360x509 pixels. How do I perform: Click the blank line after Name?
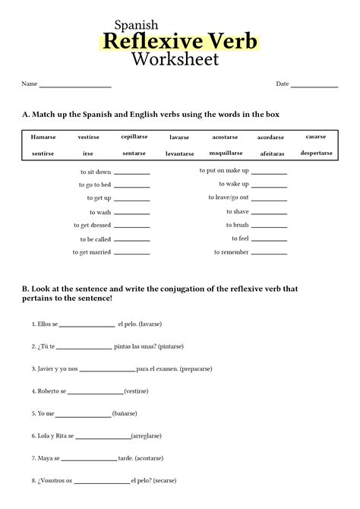(75, 86)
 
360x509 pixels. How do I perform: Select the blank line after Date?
(314, 86)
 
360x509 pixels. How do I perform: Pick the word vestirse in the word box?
(88, 138)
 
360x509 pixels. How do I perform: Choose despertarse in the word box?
(316, 153)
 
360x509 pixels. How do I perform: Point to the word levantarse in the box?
(179, 153)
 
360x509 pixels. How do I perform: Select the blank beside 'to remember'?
(269, 253)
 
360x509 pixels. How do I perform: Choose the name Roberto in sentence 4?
(48, 392)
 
